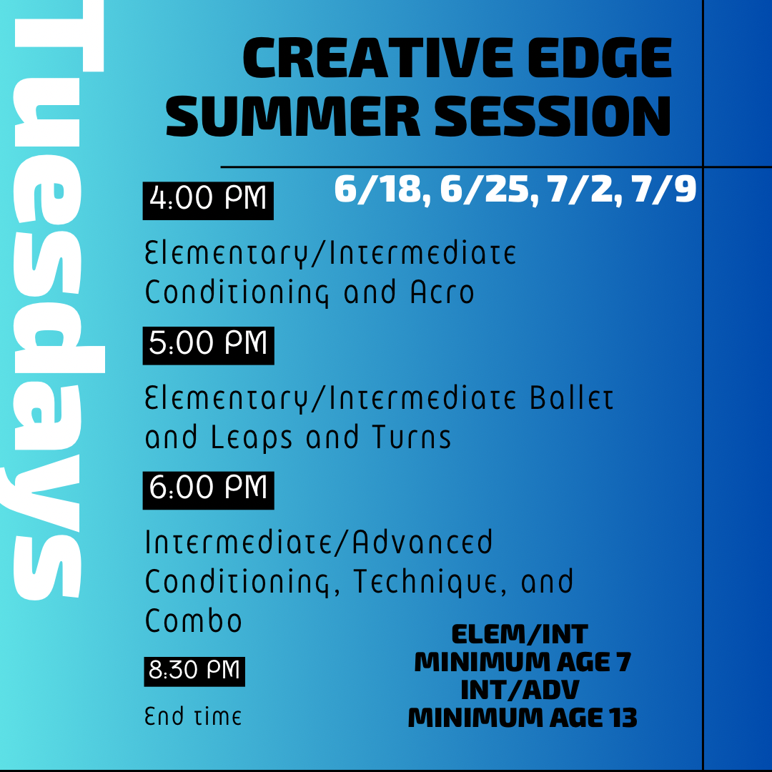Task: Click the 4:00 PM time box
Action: tap(208, 199)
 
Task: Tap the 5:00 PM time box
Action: tap(208, 345)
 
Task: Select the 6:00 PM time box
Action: tap(208, 489)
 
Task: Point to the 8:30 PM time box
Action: tap(194, 670)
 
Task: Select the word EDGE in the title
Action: tap(600, 61)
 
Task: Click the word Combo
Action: tap(194, 620)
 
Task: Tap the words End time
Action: tap(193, 716)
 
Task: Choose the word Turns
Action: tap(411, 437)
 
